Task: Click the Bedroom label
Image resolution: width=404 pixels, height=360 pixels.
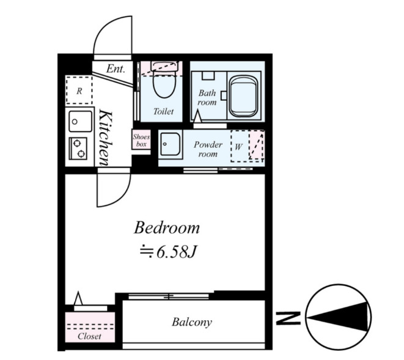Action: click(x=167, y=228)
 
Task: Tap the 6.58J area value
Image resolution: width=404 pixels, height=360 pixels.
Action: click(x=177, y=252)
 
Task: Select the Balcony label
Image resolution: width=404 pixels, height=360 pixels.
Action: click(x=192, y=322)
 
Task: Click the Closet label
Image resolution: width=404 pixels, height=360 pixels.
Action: click(x=89, y=336)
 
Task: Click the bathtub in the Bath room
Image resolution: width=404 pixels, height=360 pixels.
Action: click(x=243, y=96)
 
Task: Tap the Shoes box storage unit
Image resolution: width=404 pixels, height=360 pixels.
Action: click(x=141, y=139)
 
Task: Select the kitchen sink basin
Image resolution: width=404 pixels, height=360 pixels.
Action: click(x=80, y=121)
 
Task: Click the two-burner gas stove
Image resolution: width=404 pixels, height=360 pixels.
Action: click(x=78, y=149)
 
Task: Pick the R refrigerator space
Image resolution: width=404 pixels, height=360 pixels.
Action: click(x=79, y=90)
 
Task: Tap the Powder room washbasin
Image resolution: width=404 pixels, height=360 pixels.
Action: click(x=170, y=144)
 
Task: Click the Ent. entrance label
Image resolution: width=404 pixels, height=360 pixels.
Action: click(x=116, y=68)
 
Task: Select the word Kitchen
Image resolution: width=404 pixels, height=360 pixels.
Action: click(x=106, y=138)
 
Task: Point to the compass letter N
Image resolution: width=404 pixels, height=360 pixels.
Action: click(x=288, y=318)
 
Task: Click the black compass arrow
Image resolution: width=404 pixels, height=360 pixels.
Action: click(x=338, y=317)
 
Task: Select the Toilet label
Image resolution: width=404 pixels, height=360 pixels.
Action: click(x=163, y=111)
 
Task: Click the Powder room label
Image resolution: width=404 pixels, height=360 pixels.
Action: click(x=208, y=149)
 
